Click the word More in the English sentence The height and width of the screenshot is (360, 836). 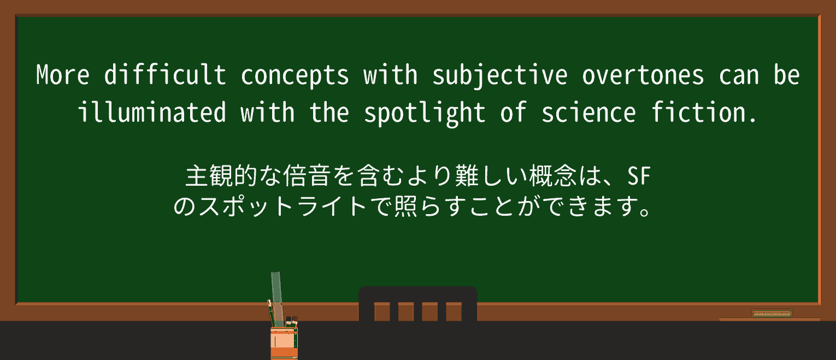(62, 75)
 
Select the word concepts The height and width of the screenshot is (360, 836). (295, 75)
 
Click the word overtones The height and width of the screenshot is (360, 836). (643, 75)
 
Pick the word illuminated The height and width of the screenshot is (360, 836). (151, 113)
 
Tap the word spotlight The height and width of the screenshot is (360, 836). (425, 113)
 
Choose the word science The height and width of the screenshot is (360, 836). (588, 113)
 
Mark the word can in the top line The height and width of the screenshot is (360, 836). (739, 75)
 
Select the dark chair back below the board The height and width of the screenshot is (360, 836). (417, 304)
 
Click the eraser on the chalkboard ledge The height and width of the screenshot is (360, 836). (772, 313)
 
